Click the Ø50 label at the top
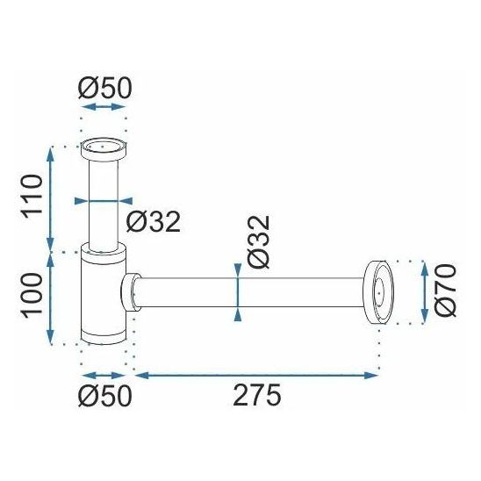(x=105, y=88)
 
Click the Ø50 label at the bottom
(x=105, y=396)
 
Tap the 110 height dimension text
(x=32, y=197)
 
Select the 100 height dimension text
(x=32, y=294)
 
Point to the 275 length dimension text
(x=257, y=395)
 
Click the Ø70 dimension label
(x=445, y=291)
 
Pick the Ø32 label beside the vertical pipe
(x=154, y=221)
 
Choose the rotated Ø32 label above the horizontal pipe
(x=258, y=242)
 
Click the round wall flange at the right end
(x=378, y=292)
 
